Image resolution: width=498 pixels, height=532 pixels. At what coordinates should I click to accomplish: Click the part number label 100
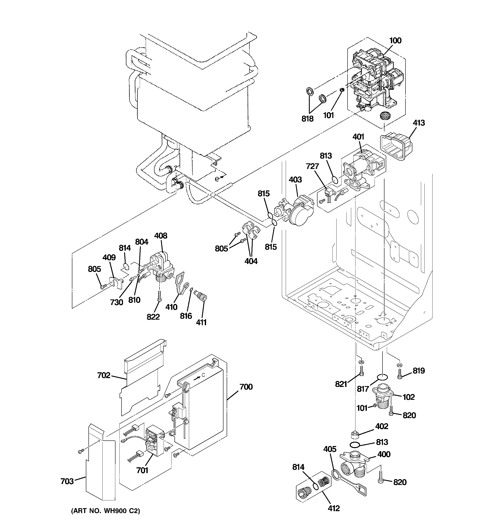[x=395, y=41]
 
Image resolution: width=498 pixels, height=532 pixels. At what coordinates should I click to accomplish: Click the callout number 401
[x=358, y=137]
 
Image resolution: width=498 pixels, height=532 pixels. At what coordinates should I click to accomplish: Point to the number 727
[x=312, y=166]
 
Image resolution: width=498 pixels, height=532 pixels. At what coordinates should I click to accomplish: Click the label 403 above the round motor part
[x=295, y=179]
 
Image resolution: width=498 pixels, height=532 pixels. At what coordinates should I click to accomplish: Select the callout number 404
[x=251, y=261]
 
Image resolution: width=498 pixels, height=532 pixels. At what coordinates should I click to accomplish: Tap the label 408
[x=161, y=236]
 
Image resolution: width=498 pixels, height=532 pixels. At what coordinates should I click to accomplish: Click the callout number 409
[x=109, y=258]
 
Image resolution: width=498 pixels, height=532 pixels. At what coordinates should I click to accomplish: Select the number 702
[x=104, y=376]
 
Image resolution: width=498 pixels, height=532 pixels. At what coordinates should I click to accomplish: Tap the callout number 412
[x=334, y=508]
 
